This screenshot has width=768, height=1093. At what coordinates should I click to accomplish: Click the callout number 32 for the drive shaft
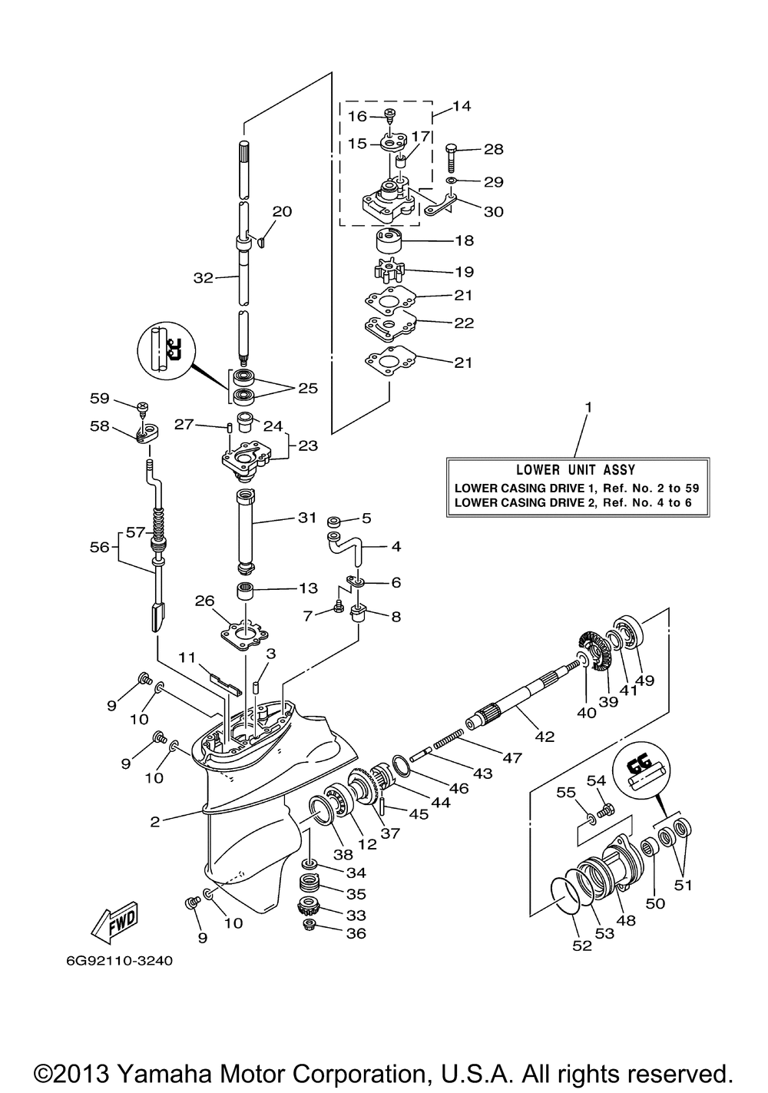click(x=203, y=277)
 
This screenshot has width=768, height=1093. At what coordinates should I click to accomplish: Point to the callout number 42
click(x=545, y=737)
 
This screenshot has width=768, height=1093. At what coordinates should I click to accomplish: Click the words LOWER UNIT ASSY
click(x=576, y=470)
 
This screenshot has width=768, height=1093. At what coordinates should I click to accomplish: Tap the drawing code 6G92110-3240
click(x=120, y=961)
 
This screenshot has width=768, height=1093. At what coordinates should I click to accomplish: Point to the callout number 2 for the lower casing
click(x=154, y=822)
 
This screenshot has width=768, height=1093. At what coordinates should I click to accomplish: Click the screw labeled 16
click(x=390, y=116)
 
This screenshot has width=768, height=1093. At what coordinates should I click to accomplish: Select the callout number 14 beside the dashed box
click(x=462, y=106)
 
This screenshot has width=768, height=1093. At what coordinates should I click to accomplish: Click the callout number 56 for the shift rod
click(x=100, y=547)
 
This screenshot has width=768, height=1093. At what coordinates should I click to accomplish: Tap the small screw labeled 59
click(x=144, y=408)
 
